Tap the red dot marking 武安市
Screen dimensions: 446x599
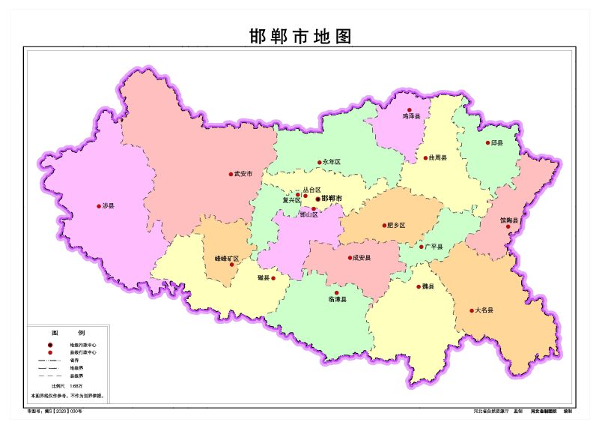[x=231, y=174]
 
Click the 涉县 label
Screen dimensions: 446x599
[x=109, y=206]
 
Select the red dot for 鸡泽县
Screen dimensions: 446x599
[x=410, y=110]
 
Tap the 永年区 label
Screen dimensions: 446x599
[x=332, y=162]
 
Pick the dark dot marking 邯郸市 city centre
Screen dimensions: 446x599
[x=317, y=199]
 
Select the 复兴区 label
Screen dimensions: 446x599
[x=291, y=200]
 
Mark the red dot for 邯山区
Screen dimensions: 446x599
[x=314, y=208]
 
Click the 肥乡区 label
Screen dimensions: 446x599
[x=395, y=225]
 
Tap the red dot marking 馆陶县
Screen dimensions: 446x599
[x=508, y=226]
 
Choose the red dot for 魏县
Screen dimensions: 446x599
[x=419, y=286]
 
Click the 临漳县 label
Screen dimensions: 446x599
[x=337, y=300]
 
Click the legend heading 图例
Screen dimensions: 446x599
[x=68, y=332]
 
